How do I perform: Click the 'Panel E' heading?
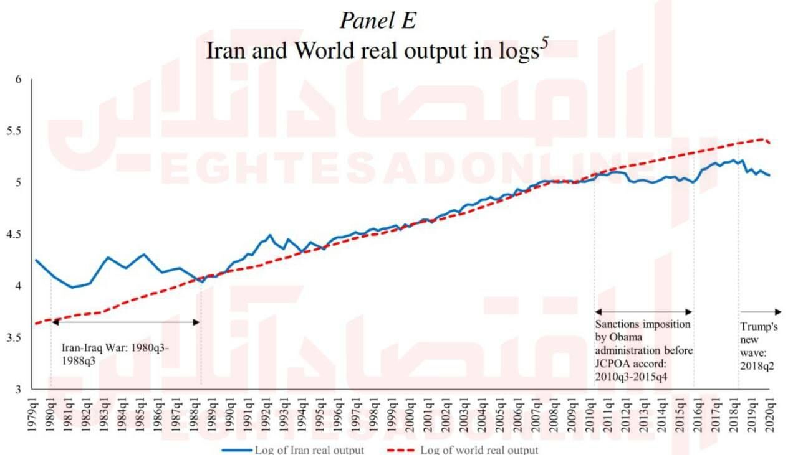(378, 21)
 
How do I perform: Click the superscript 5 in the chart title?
(544, 45)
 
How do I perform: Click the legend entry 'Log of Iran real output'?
(309, 449)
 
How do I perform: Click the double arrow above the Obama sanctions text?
(644, 311)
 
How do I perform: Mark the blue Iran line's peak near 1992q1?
(270, 235)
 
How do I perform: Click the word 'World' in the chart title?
(322, 51)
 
